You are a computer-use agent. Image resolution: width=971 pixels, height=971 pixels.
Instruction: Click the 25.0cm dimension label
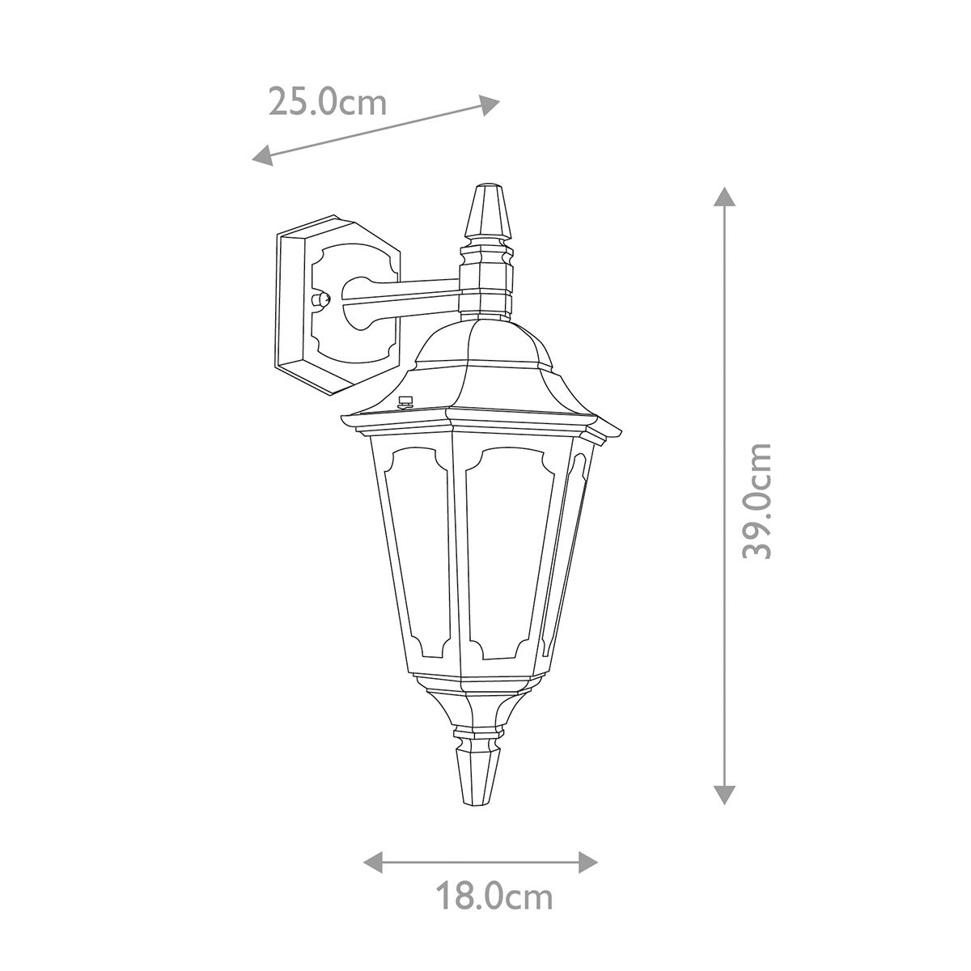point(327,102)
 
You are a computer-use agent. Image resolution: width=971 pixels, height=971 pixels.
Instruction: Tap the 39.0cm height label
point(758,500)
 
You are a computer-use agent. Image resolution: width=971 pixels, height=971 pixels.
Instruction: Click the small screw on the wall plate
point(321,299)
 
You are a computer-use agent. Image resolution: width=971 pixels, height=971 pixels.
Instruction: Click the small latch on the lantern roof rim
point(406,401)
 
